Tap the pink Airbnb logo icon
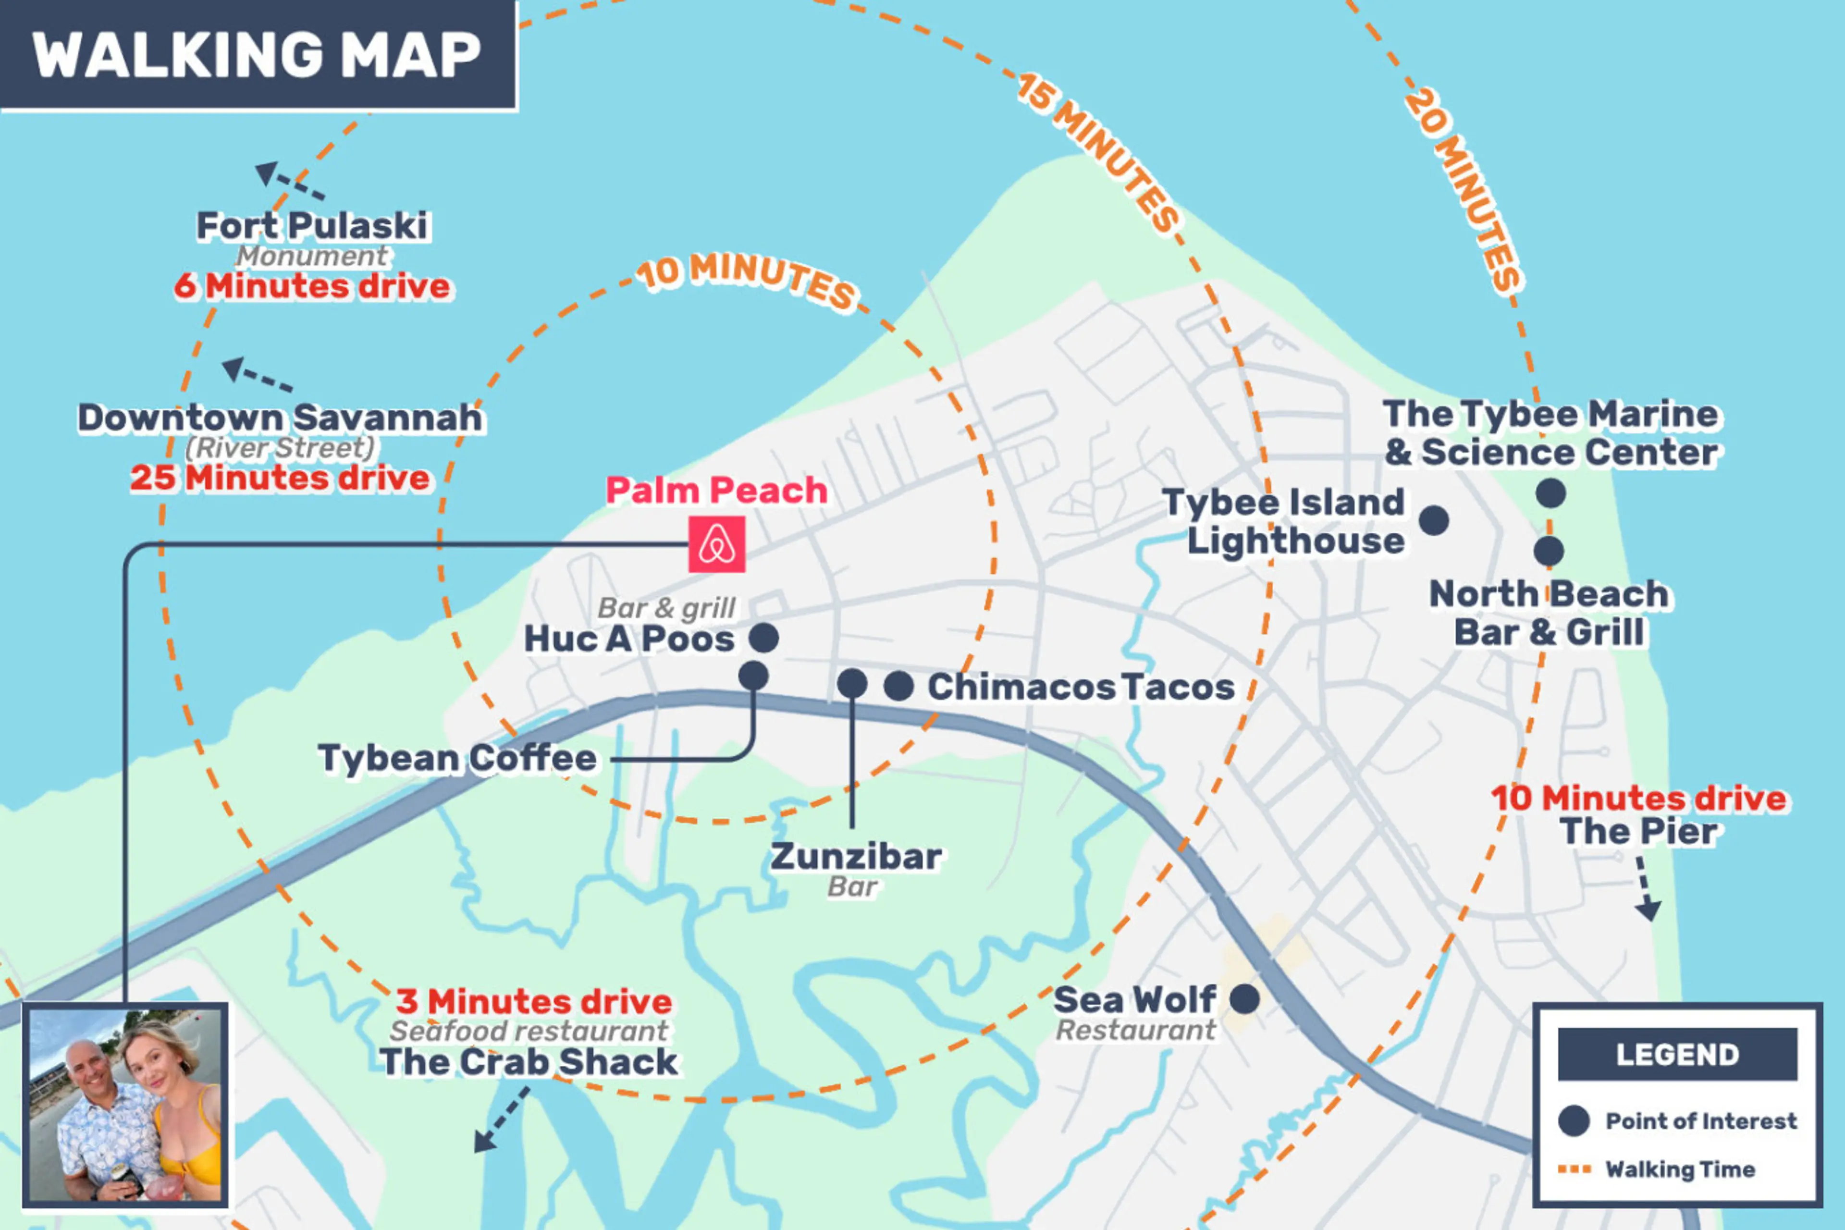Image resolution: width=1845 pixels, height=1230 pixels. point(716,544)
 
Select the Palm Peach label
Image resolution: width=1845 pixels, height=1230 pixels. point(716,491)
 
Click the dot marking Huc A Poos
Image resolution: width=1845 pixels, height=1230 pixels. point(763,638)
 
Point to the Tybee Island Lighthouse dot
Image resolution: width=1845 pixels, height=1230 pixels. point(1433,520)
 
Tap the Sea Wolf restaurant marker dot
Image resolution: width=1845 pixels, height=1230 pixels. point(1244,999)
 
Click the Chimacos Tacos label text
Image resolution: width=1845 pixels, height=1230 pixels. point(1081,687)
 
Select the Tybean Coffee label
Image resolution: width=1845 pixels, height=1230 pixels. point(457,759)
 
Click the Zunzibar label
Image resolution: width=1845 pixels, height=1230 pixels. point(856,857)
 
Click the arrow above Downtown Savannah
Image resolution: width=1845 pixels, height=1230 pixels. point(256,374)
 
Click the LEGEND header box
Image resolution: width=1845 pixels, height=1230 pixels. point(1677,1054)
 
